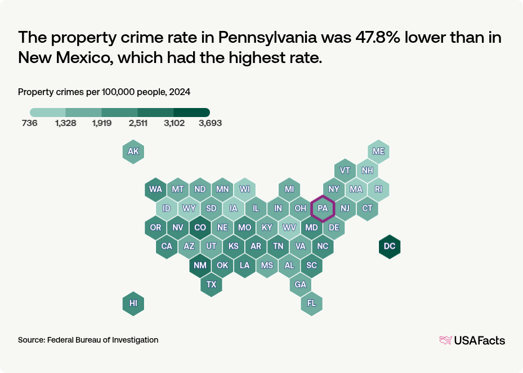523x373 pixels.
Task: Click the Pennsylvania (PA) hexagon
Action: (323, 208)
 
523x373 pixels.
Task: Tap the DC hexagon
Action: (390, 246)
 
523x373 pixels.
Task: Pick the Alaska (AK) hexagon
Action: (133, 151)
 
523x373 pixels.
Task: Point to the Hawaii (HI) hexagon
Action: (133, 303)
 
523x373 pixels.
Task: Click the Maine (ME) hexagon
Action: (378, 151)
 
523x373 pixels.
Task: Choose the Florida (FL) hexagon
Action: (311, 303)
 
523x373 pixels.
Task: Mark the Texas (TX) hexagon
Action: (211, 285)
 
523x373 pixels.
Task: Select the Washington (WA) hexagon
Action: (156, 189)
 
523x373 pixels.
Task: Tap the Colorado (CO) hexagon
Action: (200, 227)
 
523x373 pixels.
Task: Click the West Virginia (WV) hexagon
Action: (289, 227)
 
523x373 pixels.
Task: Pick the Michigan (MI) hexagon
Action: (289, 189)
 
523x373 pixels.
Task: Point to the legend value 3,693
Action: (210, 124)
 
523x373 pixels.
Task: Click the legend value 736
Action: (30, 124)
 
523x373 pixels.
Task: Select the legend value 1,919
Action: (102, 124)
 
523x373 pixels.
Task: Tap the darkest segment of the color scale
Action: (191, 113)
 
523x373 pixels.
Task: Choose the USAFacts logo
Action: (472, 340)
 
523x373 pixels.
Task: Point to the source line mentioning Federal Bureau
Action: (88, 340)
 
